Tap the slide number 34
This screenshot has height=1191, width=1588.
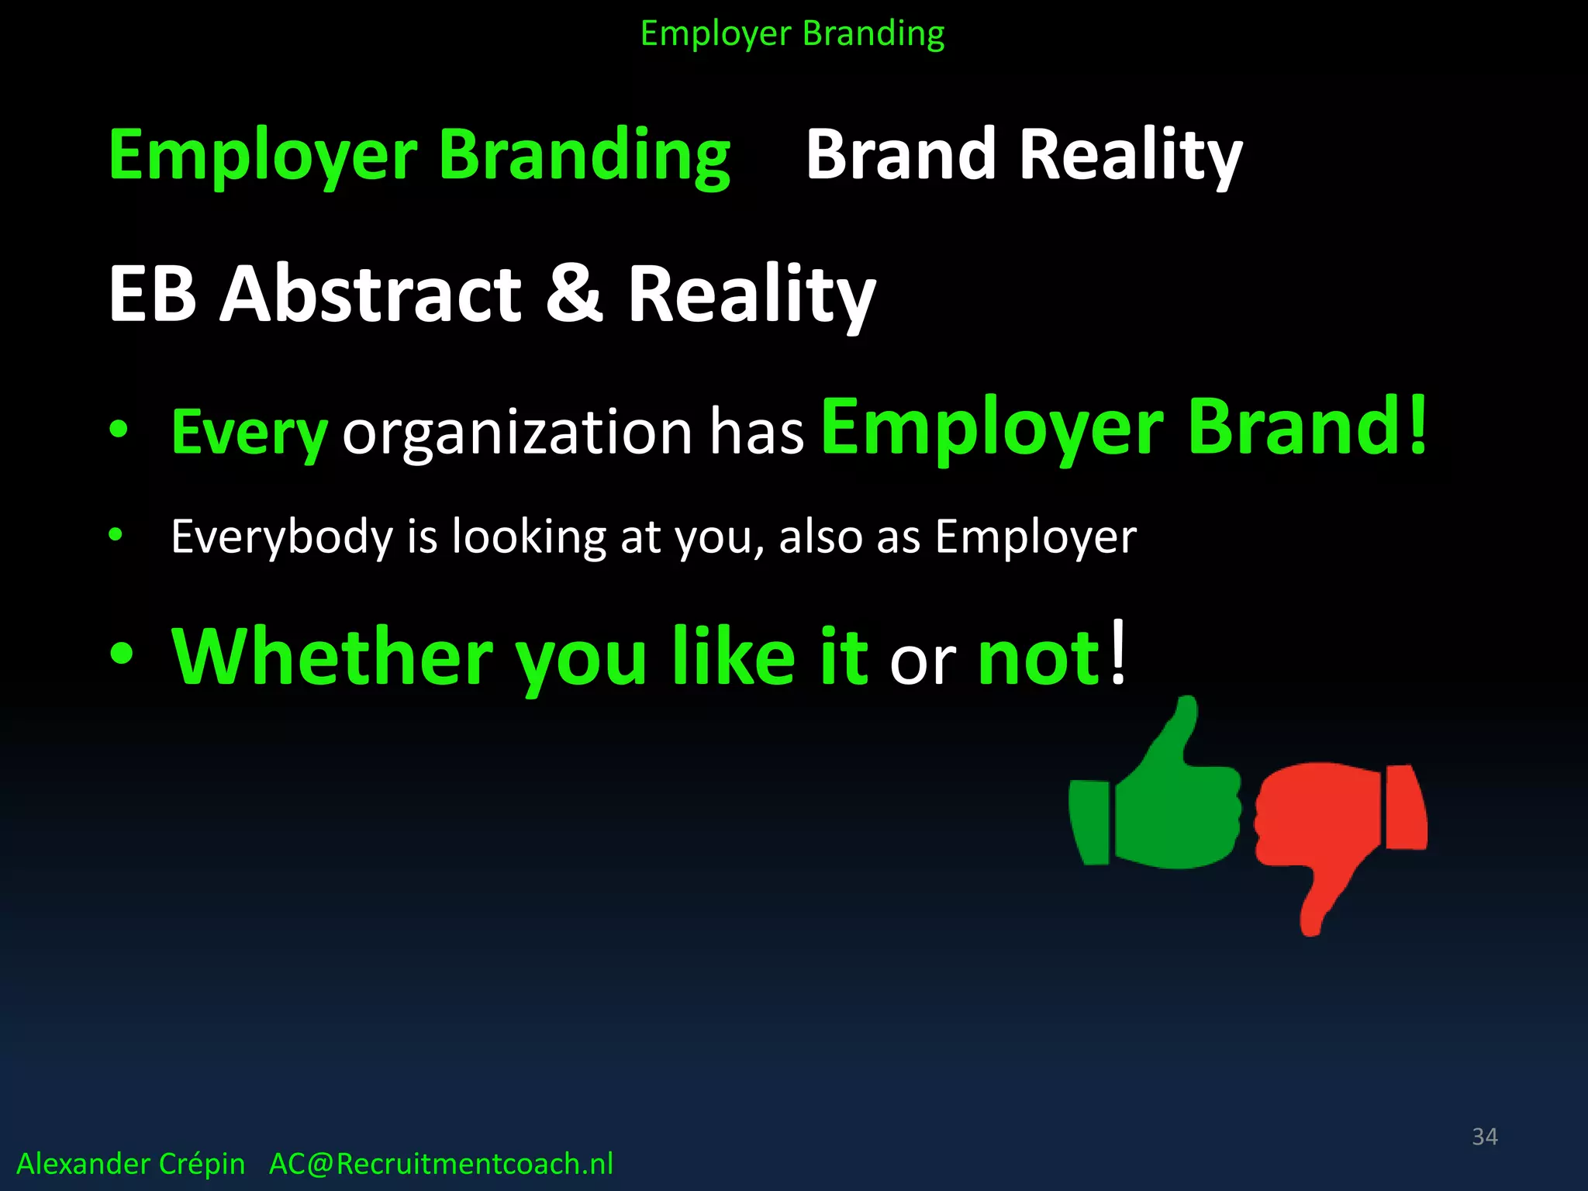1484,1137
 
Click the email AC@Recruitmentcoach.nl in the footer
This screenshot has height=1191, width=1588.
440,1164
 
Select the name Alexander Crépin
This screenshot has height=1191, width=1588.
130,1164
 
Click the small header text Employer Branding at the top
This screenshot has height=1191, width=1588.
792,34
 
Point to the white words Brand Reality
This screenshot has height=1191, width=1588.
1024,155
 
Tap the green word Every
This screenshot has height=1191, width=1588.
249,433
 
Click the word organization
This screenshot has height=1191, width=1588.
516,433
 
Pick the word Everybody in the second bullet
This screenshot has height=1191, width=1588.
282,537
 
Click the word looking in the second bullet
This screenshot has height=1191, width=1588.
529,537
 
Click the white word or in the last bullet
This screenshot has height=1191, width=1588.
923,663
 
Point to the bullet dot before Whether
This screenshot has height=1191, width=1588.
122,654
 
